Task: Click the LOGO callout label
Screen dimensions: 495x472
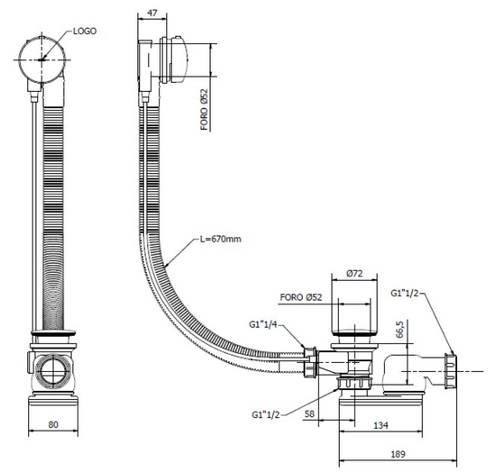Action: click(x=85, y=31)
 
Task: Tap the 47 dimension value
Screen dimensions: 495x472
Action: click(x=152, y=13)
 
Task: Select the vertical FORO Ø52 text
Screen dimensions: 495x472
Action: click(x=205, y=109)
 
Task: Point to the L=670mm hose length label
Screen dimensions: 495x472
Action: click(x=221, y=239)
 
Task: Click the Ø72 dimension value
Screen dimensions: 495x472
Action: click(x=354, y=273)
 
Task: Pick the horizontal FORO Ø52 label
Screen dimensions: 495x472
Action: click(x=301, y=297)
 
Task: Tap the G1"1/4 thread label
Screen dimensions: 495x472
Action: click(x=263, y=324)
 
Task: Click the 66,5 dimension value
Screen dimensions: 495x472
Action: click(x=399, y=330)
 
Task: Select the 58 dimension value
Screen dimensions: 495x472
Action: click(x=309, y=414)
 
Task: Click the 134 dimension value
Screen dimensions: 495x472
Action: click(x=380, y=426)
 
